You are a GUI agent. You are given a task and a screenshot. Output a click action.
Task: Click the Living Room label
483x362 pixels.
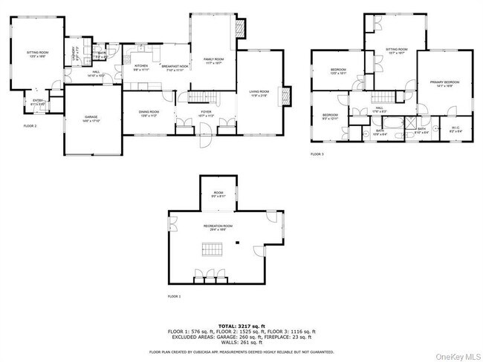click(x=259, y=93)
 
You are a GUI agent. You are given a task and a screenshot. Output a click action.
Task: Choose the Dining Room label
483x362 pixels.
click(x=149, y=113)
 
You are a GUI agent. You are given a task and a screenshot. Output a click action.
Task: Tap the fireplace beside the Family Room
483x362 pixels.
click(x=239, y=27)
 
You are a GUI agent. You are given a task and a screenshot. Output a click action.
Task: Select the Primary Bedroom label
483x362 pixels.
click(x=444, y=83)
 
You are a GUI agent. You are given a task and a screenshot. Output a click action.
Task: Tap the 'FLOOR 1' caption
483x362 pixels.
click(x=174, y=296)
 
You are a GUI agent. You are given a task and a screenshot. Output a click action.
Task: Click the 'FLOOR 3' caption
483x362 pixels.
click(x=317, y=154)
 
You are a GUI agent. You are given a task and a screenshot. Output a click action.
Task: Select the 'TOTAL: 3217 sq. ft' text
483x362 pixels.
click(x=241, y=326)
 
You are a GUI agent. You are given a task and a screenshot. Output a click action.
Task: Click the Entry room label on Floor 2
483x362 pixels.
click(x=37, y=103)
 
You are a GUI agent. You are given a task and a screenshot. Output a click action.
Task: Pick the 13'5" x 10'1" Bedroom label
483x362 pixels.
click(x=338, y=72)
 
